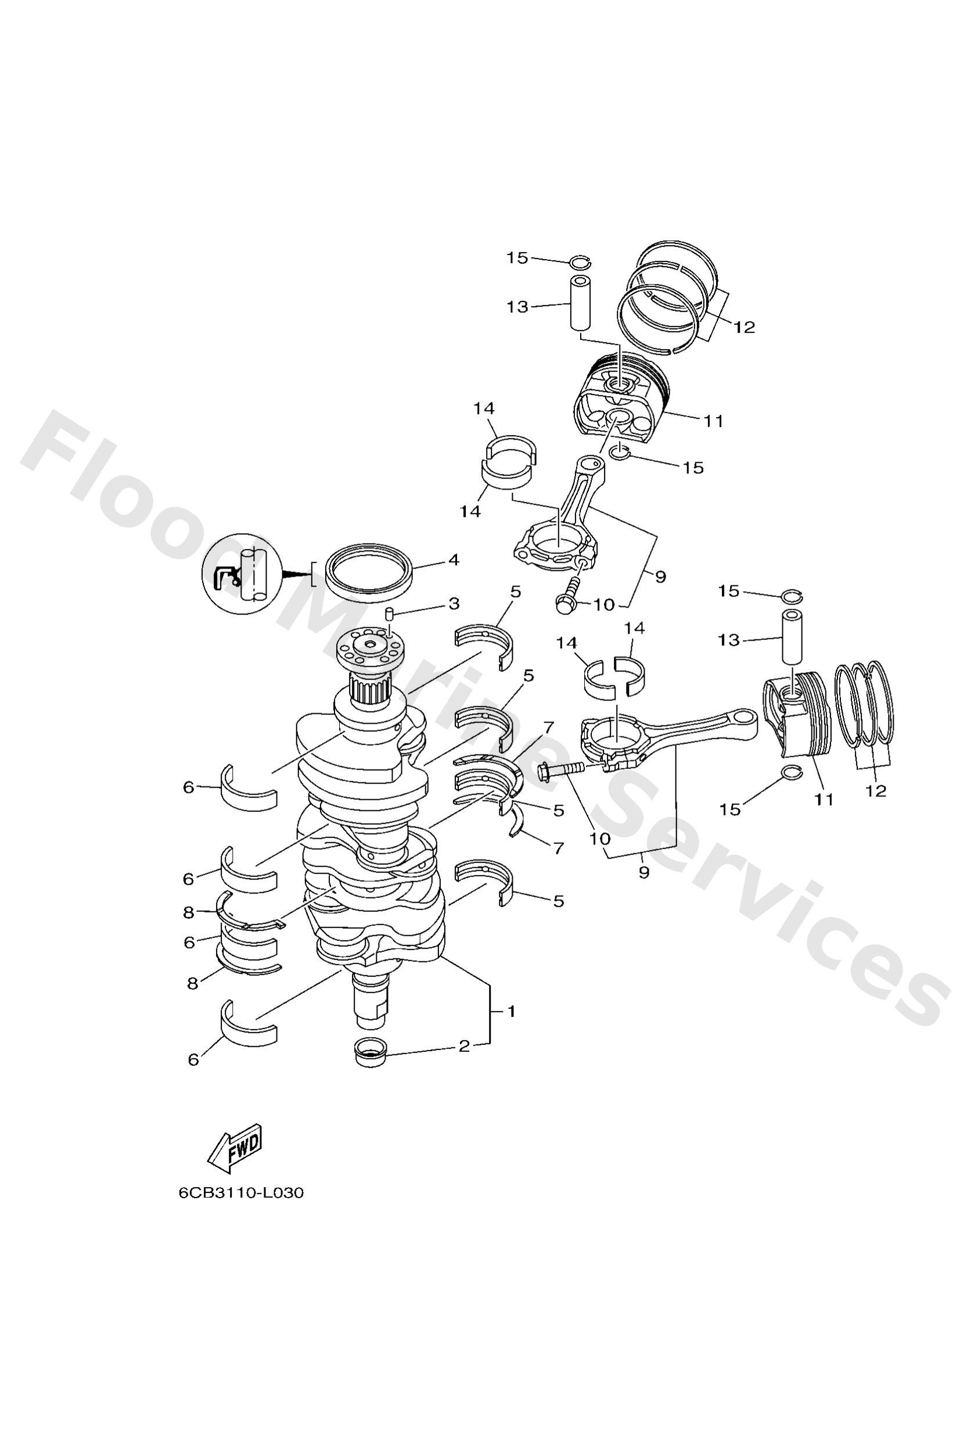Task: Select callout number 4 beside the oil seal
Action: (454, 560)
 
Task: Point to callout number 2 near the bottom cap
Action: (464, 1047)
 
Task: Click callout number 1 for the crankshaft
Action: (511, 1011)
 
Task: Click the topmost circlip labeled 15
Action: (582, 263)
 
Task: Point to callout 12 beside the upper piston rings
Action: (744, 327)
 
